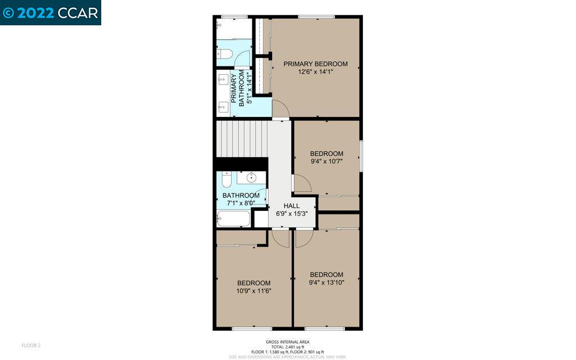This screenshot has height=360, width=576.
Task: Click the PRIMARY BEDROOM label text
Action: (315, 64)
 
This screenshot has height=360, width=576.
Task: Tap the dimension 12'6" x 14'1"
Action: (315, 72)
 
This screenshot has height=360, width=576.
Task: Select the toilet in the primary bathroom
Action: (224, 54)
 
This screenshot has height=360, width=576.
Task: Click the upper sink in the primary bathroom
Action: (222, 78)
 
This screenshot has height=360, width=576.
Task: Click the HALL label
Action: (291, 206)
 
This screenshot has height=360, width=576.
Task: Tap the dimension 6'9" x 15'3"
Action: (291, 214)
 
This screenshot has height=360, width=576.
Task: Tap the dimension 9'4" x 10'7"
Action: (326, 161)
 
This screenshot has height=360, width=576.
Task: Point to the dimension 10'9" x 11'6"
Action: (253, 291)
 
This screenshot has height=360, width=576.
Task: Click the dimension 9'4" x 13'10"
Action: (326, 282)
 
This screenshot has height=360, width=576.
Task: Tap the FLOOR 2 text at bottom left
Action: (31, 345)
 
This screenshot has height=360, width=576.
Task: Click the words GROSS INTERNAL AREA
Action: (287, 342)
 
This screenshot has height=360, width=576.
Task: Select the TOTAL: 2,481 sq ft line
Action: (287, 347)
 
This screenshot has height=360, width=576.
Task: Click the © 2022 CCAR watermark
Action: (50, 12)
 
